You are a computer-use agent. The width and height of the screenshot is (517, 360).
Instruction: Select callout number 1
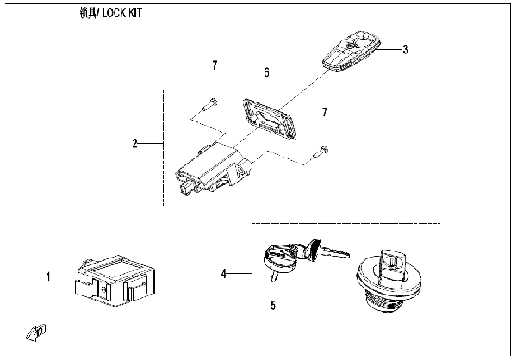coord(49,277)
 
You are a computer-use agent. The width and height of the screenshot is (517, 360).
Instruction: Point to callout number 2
coord(135,143)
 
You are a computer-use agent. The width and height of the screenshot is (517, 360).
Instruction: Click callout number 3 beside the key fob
coord(405,49)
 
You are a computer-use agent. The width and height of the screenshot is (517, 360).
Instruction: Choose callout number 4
coord(224,274)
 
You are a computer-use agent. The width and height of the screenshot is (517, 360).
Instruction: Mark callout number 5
coord(273,305)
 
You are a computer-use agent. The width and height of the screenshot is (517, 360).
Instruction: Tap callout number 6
coord(266,73)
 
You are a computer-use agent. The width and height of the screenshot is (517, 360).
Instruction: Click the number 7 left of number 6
coord(215,65)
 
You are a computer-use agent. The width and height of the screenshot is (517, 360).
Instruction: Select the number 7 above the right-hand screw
coord(324,113)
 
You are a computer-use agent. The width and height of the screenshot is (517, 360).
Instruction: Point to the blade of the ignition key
coord(334,251)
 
